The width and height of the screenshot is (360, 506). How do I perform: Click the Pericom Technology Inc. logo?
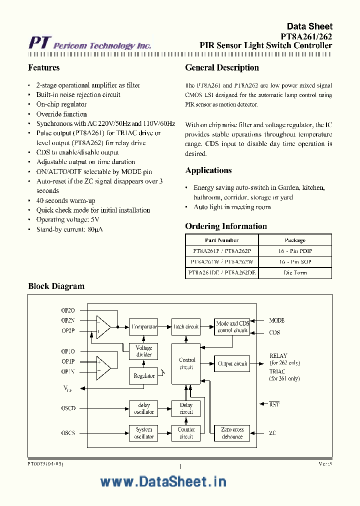pos(89,44)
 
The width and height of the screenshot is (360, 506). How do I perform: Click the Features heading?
pos(44,67)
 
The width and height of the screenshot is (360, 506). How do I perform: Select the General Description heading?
pos(222,67)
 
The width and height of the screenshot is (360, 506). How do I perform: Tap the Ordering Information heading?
pos(226,226)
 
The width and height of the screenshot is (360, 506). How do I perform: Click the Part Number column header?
pos(221,240)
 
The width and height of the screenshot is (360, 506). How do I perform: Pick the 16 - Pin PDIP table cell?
pos(295,251)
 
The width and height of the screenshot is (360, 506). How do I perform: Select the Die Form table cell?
pos(295,272)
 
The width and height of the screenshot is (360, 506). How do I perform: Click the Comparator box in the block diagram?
pos(143,326)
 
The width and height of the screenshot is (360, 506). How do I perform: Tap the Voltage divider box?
pos(143,351)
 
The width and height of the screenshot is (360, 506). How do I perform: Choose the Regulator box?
pos(143,376)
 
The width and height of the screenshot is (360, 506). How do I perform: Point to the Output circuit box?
pos(232,363)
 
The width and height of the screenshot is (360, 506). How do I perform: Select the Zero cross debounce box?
pos(232,433)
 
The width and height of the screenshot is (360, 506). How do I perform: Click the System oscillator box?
pos(143,433)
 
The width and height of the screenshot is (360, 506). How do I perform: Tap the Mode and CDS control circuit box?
pos(232,327)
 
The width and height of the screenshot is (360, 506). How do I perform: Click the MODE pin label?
pos(276,320)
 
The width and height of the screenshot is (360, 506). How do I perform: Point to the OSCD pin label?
pos(68,408)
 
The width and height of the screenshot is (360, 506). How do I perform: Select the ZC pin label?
pos(272,433)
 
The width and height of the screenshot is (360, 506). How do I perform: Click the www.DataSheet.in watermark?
pos(163,481)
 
